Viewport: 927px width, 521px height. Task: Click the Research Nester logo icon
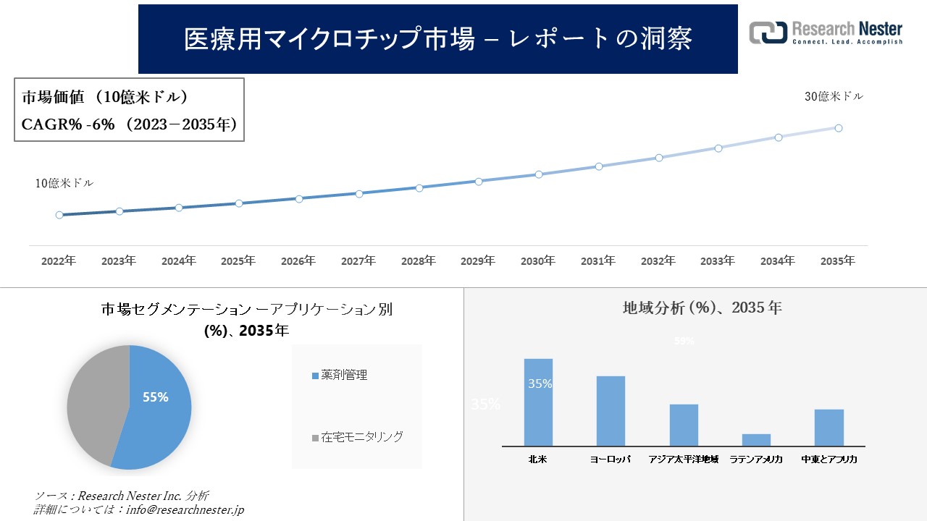click(x=768, y=33)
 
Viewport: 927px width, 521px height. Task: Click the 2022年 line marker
click(x=59, y=215)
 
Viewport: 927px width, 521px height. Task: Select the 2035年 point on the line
click(x=839, y=128)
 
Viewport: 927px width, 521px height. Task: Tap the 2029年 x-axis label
click(x=478, y=260)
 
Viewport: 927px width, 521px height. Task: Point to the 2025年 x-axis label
click(x=238, y=260)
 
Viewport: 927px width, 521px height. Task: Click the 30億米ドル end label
click(x=834, y=96)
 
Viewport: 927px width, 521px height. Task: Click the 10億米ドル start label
click(x=64, y=184)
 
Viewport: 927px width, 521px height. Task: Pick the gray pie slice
click(x=94, y=405)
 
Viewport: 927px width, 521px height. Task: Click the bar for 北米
click(x=538, y=402)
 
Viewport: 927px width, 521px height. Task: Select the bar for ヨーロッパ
click(x=611, y=411)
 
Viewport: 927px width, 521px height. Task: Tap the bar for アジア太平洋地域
click(x=684, y=425)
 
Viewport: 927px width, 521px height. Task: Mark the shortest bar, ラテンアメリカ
click(x=756, y=440)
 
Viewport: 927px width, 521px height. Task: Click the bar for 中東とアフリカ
click(x=829, y=428)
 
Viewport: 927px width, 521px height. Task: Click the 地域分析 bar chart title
click(x=702, y=308)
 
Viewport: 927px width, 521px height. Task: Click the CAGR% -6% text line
click(x=130, y=124)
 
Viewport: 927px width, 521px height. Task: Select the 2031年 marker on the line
click(x=599, y=166)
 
